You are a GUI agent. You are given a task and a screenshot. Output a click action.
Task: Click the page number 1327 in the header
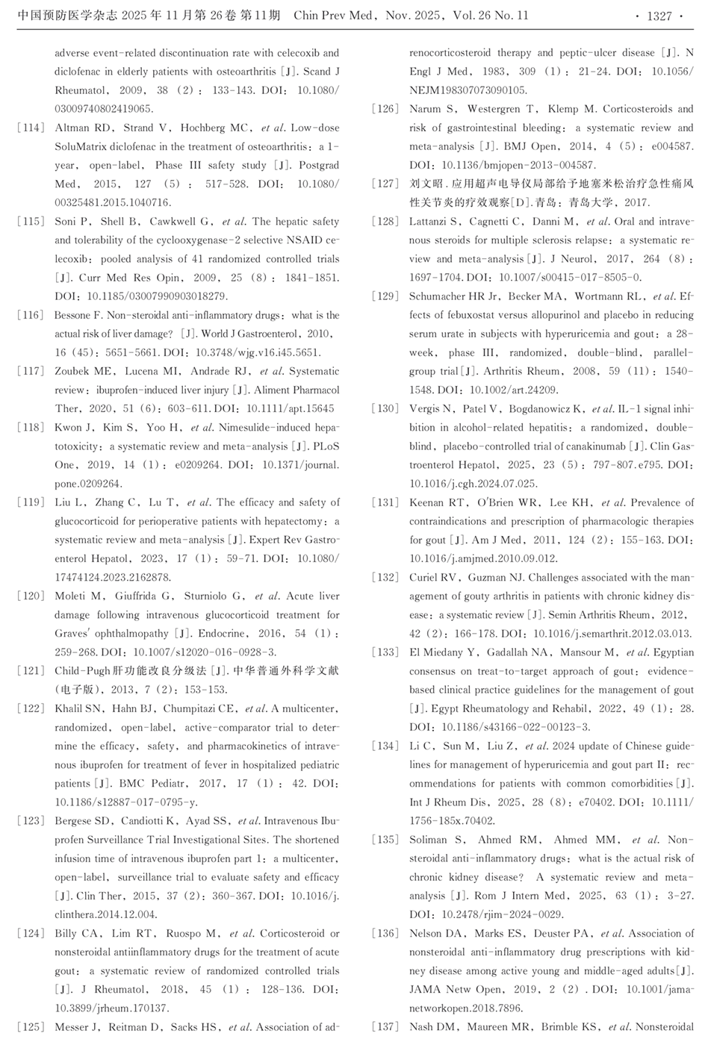click(x=659, y=16)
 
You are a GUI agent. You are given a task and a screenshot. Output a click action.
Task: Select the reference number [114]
click(x=31, y=128)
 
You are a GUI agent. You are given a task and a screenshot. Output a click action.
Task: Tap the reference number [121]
click(x=31, y=671)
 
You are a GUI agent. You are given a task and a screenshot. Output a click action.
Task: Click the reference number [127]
click(x=385, y=184)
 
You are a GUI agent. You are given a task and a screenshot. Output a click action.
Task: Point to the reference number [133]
click(x=385, y=652)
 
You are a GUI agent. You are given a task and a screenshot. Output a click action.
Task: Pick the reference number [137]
click(x=385, y=1027)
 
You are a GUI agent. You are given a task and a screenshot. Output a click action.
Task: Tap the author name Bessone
click(x=73, y=315)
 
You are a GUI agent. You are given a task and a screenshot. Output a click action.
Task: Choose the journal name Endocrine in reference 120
click(x=219, y=634)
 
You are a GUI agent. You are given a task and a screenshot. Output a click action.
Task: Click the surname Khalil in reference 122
click(x=70, y=708)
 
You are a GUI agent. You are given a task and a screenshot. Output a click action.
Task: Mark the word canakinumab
click(x=594, y=446)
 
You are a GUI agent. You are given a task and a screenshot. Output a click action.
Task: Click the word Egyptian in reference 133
click(x=673, y=652)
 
